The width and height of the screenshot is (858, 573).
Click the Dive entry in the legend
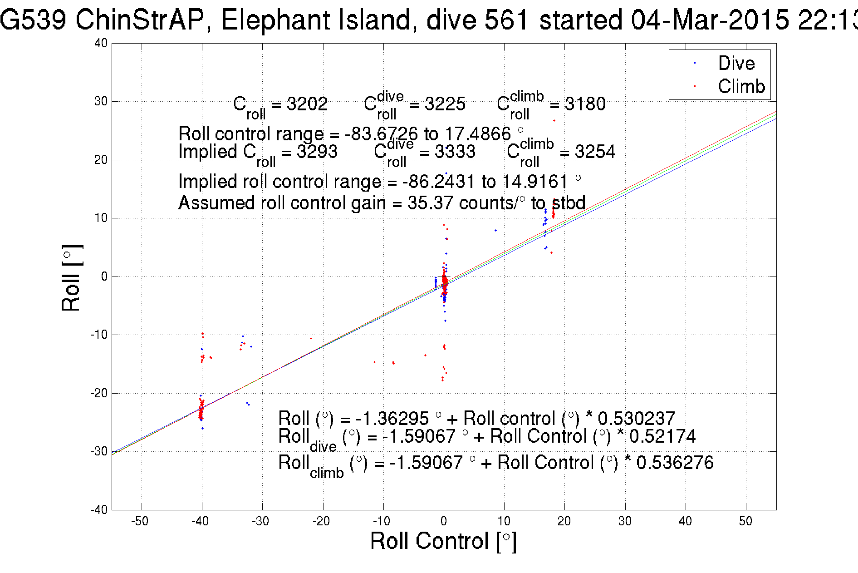pos(736,63)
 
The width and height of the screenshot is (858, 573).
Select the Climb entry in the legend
pos(741,86)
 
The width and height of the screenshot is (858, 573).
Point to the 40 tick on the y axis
pos(101,44)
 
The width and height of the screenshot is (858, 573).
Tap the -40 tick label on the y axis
pos(98,510)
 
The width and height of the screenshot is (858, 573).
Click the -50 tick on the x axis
pos(140,521)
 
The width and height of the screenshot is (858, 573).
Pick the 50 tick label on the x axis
pos(745,521)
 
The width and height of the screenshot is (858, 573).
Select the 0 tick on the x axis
pos(444,521)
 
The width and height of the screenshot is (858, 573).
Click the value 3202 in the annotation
pos(307,104)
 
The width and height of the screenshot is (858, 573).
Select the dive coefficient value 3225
pos(445,104)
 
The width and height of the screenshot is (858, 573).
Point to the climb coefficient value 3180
pos(585,104)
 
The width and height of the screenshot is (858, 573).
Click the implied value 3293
pos(317,152)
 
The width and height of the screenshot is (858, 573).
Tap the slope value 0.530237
pos(636,418)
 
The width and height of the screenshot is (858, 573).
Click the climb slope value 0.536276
pos(675,463)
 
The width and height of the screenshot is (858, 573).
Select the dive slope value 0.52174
pos(662,436)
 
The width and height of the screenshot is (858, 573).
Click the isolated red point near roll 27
pos(554,121)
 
